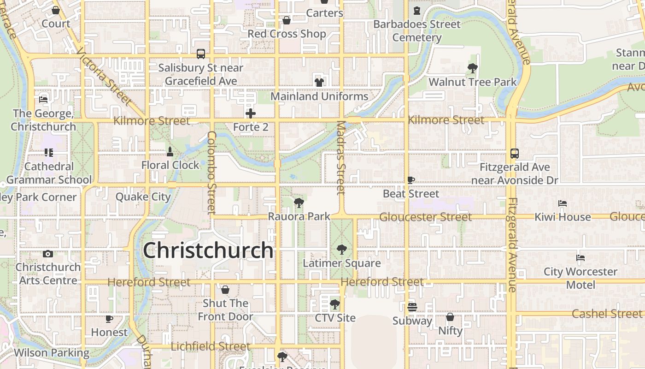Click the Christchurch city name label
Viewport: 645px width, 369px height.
click(208, 250)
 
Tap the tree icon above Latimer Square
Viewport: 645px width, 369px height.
click(341, 250)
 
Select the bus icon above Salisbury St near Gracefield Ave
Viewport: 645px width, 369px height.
click(201, 54)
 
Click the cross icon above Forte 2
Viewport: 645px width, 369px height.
click(251, 113)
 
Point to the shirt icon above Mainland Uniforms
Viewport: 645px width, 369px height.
click(319, 83)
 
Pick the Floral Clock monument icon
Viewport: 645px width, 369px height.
click(170, 152)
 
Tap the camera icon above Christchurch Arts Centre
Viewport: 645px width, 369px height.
click(48, 254)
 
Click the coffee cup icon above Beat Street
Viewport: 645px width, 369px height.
click(411, 180)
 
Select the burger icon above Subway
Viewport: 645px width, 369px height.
click(412, 307)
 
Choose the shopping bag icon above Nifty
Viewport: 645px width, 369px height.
click(450, 317)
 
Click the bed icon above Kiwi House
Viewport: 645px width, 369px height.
click(562, 203)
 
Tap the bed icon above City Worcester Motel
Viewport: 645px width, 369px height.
click(580, 258)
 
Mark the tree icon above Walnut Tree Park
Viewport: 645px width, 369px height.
click(472, 69)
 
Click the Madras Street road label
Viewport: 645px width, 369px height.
click(341, 158)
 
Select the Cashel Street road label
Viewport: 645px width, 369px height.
click(606, 314)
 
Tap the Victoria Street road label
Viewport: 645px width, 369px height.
click(106, 77)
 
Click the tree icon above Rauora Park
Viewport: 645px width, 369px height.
click(299, 202)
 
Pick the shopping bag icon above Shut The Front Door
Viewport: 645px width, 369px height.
click(225, 290)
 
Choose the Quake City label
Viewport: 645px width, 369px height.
click(143, 197)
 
